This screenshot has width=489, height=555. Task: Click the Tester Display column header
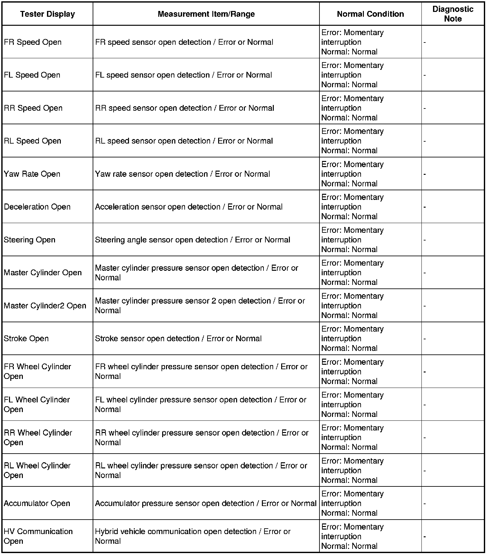[47, 14]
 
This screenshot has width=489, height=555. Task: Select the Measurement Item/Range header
[206, 14]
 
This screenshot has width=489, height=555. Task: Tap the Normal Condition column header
[370, 14]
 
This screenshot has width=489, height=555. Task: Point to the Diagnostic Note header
[453, 14]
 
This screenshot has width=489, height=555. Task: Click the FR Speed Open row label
[32, 42]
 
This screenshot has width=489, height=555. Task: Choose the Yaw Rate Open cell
[32, 174]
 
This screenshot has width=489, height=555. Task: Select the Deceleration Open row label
[37, 207]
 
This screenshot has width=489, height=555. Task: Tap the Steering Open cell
[29, 240]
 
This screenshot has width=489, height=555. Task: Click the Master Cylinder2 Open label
[45, 306]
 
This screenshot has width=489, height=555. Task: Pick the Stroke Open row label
[26, 339]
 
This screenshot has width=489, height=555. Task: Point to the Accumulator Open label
[37, 503]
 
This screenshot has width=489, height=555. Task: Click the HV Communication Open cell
[38, 536]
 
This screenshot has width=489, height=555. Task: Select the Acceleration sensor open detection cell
[189, 207]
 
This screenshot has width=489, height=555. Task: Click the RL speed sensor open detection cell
[184, 141]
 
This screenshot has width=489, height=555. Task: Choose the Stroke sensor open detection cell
[178, 339]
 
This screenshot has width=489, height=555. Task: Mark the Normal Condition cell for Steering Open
[352, 240]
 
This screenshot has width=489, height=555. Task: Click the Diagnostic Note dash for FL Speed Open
[425, 75]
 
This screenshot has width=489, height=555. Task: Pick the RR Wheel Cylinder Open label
[38, 437]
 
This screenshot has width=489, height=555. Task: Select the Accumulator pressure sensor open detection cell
[206, 503]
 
